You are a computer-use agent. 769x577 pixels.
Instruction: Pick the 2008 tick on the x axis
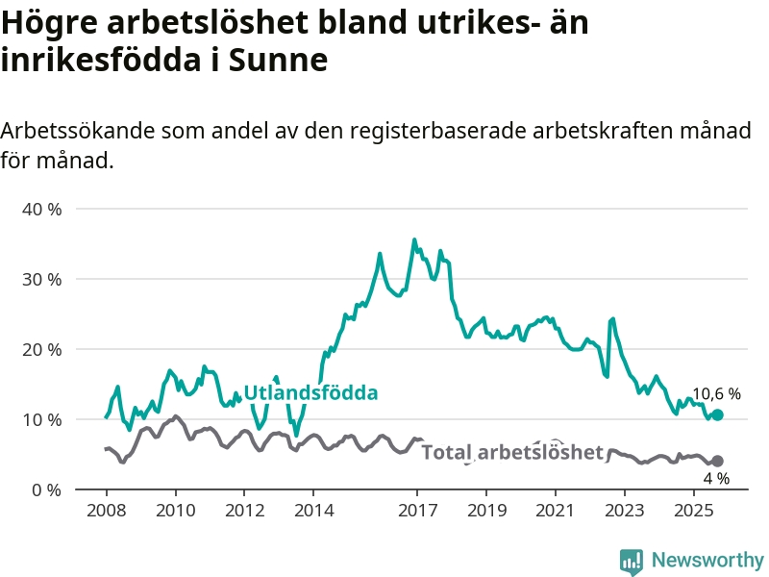pos(106,509)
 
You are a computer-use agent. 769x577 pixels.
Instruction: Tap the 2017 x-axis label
pos(417,509)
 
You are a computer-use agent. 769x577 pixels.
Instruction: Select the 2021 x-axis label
pos(556,509)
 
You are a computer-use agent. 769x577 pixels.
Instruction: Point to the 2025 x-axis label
pos(694,509)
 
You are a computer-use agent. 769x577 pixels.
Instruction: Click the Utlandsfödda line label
pos(310,393)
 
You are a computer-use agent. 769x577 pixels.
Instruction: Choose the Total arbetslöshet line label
pos(512,452)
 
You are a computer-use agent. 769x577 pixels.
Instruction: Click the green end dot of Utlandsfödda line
pos(717,414)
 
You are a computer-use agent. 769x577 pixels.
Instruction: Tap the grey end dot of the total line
pos(717,461)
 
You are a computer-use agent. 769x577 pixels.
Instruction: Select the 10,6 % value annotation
pos(716,393)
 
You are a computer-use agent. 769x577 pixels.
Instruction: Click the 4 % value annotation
pos(716,478)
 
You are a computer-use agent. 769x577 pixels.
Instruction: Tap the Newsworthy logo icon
pos(631,561)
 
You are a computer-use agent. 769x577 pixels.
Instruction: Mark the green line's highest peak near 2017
pos(414,239)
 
